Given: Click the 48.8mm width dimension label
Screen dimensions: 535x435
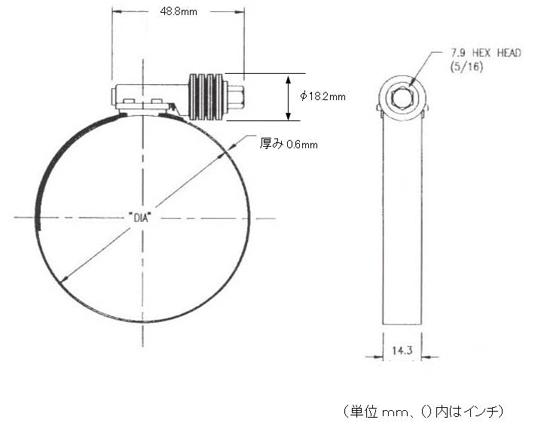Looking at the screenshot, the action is coord(179,11).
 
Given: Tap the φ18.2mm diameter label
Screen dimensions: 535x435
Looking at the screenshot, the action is coord(323,96).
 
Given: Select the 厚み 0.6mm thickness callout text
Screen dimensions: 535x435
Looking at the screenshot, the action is coord(289,144).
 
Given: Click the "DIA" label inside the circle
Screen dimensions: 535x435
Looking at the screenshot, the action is coord(140,217).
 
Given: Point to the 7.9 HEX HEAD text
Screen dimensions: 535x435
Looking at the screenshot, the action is coord(486,53).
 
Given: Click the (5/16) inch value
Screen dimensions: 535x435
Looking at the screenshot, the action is coord(466,66).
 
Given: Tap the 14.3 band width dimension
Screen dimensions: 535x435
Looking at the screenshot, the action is coord(402,350).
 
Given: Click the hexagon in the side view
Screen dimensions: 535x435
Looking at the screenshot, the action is coord(402,99).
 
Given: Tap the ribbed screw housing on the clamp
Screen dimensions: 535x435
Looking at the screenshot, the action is coord(206,96).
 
